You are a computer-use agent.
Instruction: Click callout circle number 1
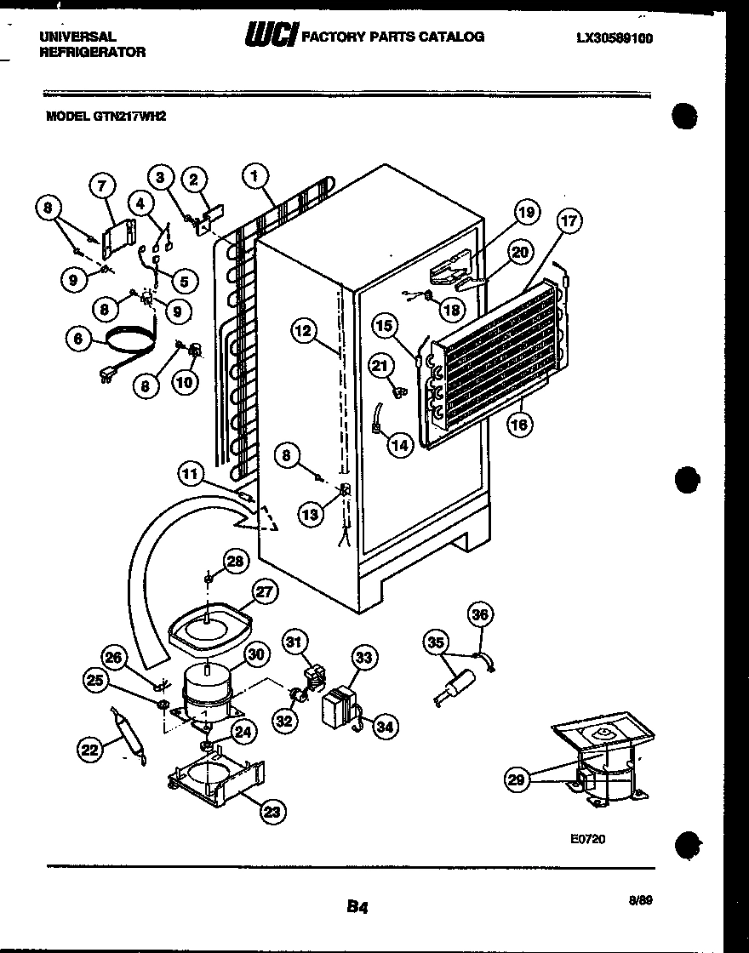click(x=254, y=176)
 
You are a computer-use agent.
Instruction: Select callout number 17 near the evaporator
click(x=568, y=221)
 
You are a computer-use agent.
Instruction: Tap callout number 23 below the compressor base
click(x=272, y=813)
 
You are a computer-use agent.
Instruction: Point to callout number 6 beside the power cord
click(x=78, y=339)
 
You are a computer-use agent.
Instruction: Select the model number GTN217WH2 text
click(x=106, y=119)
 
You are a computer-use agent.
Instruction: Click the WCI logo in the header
click(x=272, y=36)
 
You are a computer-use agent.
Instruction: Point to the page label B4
click(x=357, y=907)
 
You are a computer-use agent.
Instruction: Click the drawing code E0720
click(x=587, y=838)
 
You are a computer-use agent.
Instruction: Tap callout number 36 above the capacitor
click(x=481, y=614)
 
